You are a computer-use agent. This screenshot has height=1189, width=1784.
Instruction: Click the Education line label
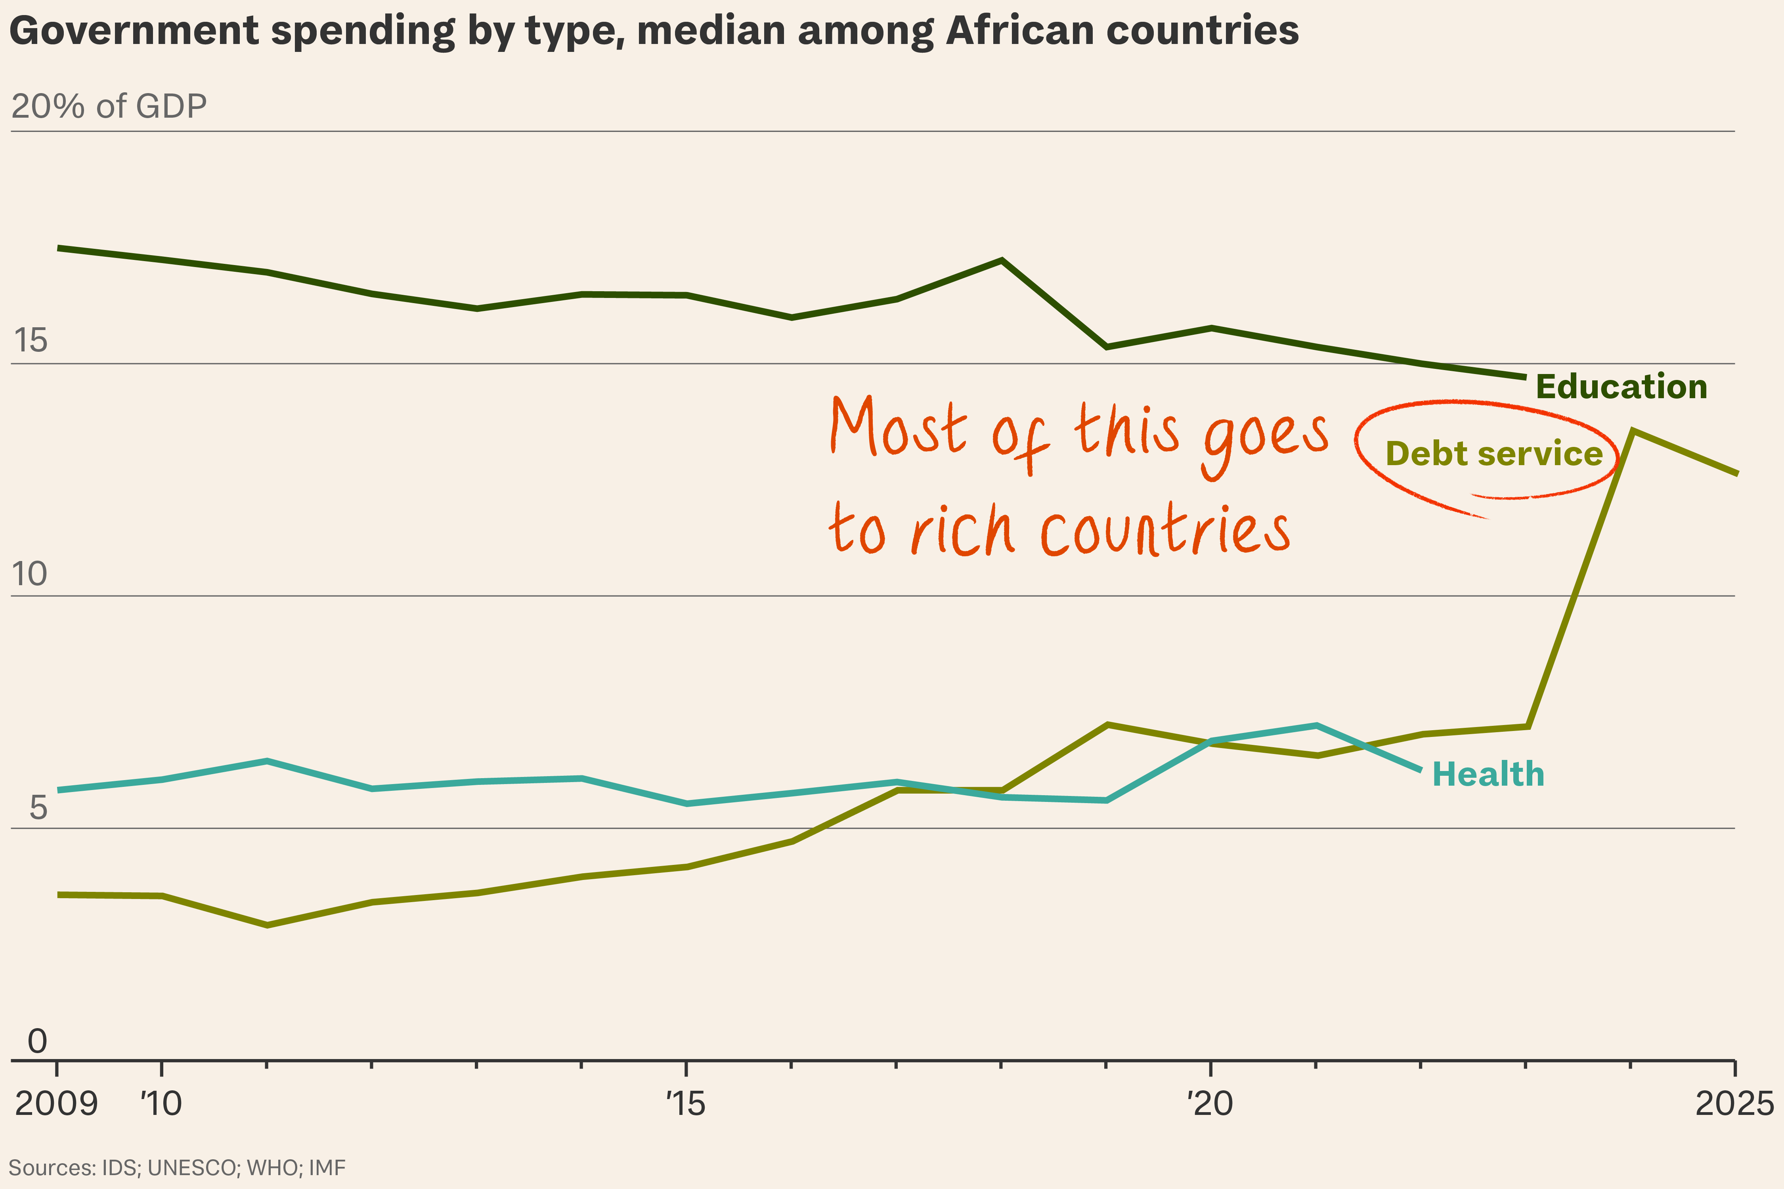tap(1621, 387)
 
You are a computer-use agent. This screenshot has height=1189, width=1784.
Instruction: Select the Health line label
tap(1488, 774)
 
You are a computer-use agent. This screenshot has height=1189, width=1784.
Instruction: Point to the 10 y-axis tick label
tap(30, 574)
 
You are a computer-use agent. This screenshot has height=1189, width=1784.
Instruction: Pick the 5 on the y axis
tap(38, 808)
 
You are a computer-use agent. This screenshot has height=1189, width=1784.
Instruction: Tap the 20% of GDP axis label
tap(109, 106)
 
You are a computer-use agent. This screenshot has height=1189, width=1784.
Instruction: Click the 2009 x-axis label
tap(56, 1103)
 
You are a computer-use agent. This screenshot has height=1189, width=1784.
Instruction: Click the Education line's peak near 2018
tap(1002, 261)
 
